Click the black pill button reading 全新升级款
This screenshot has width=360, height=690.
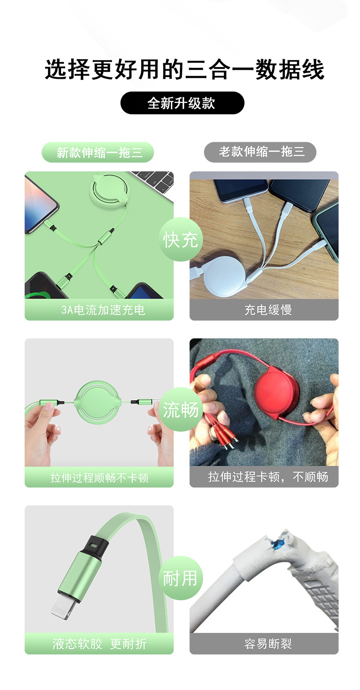[x=182, y=103]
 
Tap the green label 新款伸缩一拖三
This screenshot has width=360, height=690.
[x=98, y=152]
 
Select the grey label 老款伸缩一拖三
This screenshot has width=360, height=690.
[x=260, y=152]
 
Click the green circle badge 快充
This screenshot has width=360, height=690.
[x=181, y=239]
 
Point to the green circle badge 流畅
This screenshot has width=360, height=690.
[x=181, y=409]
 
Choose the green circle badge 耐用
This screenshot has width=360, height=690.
[x=181, y=578]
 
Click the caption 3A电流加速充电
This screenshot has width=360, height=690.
[x=103, y=310]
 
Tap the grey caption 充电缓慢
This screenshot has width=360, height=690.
[x=268, y=310]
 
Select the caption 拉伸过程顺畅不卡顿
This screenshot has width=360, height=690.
[x=99, y=478]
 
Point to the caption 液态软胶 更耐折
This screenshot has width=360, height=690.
[x=99, y=644]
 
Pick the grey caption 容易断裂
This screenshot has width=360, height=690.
[x=268, y=644]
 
